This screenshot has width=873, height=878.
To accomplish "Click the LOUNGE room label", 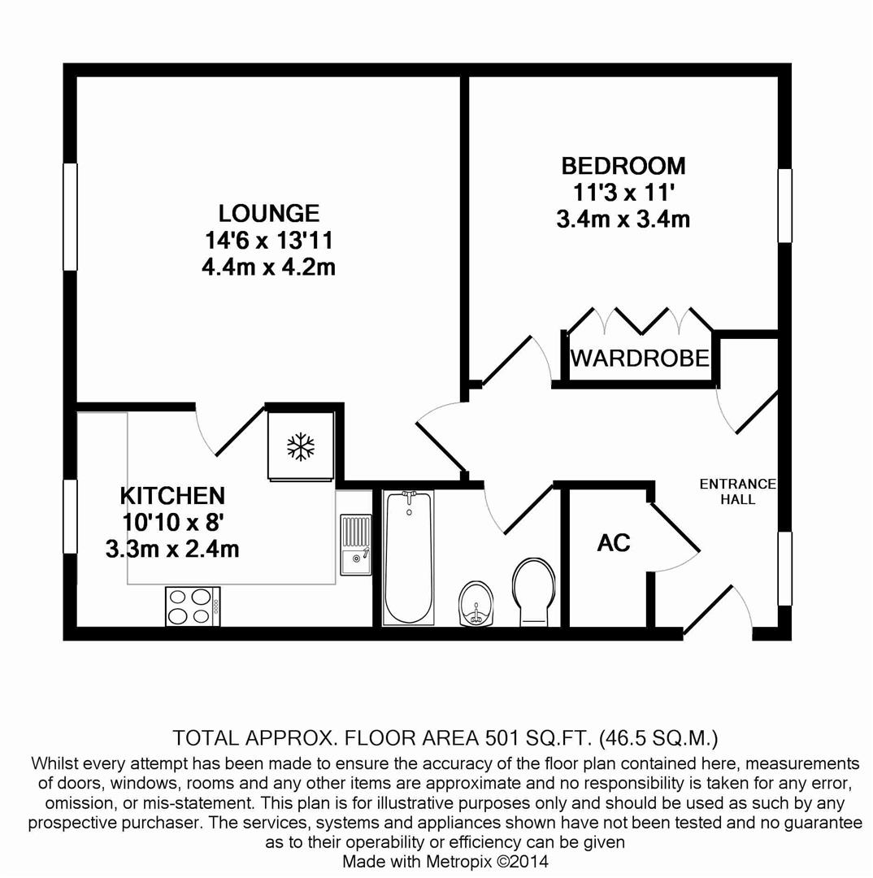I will point(268,213).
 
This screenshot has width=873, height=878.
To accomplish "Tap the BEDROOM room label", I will point(623,166).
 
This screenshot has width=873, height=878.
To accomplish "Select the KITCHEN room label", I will point(172,495).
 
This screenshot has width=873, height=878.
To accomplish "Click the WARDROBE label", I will point(640,358).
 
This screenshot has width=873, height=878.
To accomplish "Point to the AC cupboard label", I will point(614,543).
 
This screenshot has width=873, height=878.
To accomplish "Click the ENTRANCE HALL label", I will point(737,491).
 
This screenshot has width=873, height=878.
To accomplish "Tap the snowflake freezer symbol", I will point(301,446).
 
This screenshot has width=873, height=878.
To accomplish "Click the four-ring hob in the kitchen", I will point(193,606).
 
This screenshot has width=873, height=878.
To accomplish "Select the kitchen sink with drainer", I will point(355,545).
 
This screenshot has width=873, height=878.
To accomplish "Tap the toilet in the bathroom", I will point(533,591).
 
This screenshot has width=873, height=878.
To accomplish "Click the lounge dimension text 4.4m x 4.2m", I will point(268,267).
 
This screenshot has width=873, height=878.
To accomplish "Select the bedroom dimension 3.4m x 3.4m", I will point(623,219).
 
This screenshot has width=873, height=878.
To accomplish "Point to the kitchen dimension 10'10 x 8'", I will point(172,522).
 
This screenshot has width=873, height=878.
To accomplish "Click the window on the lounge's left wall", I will point(71,216).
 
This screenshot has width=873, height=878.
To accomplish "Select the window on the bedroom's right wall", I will point(784,206).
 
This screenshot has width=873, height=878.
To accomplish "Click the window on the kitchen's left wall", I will point(71,517).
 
